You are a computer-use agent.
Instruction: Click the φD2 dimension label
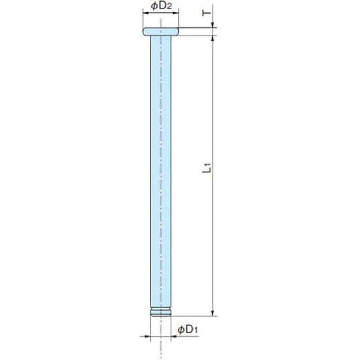(161, 6)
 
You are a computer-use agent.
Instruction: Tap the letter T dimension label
(206, 13)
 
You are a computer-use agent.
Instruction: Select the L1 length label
(207, 168)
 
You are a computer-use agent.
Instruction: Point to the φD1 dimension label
(188, 330)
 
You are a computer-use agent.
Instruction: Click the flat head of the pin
(161, 31)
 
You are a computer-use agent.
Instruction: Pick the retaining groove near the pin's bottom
(161, 312)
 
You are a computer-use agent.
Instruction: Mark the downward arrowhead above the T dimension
(212, 25)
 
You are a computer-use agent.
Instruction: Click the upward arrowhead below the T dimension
(212, 39)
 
